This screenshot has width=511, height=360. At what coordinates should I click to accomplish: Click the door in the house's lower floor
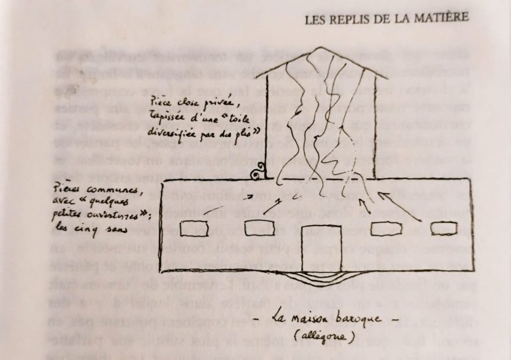pyautogui.click(x=321, y=246)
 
